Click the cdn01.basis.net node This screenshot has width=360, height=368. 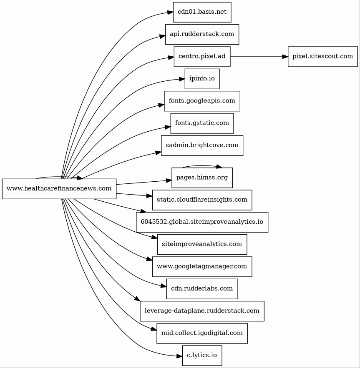pyautogui.click(x=202, y=12)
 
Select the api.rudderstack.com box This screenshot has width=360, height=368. pyautogui.click(x=202, y=34)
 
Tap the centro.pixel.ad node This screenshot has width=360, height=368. pyautogui.click(x=202, y=56)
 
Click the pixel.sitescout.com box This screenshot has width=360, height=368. pyautogui.click(x=322, y=56)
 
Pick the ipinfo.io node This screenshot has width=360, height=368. pyautogui.click(x=202, y=79)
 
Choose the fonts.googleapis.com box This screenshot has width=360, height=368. pyautogui.click(x=202, y=101)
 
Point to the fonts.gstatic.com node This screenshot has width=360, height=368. pyautogui.click(x=202, y=123)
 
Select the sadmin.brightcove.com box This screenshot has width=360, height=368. pyautogui.click(x=202, y=145)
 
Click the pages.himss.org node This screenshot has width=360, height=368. pyautogui.click(x=202, y=178)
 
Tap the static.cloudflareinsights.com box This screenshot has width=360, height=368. pyautogui.click(x=202, y=200)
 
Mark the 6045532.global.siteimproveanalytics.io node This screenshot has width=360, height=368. pyautogui.click(x=202, y=222)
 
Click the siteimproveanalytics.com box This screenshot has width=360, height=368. pyautogui.click(x=202, y=244)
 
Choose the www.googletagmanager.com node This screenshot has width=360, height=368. pyautogui.click(x=202, y=266)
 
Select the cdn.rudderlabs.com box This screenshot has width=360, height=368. pyautogui.click(x=202, y=288)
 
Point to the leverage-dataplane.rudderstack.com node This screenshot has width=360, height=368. pyautogui.click(x=202, y=311)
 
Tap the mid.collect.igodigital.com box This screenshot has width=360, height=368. pyautogui.click(x=202, y=333)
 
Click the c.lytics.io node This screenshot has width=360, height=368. pyautogui.click(x=202, y=355)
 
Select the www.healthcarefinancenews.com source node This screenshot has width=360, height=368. pyautogui.click(x=59, y=188)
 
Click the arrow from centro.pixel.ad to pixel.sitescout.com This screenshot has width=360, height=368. pyautogui.click(x=259, y=56)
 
